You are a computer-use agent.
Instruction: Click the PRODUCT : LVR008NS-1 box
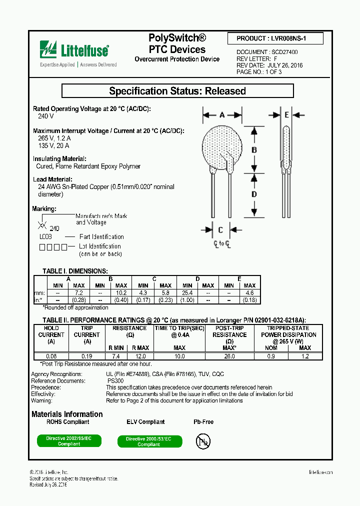(x=275, y=38)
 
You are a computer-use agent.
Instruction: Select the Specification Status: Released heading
(x=177, y=91)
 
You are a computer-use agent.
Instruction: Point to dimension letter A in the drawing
(x=222, y=115)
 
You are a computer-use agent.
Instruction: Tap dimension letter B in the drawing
(x=254, y=149)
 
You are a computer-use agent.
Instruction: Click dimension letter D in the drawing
(x=254, y=194)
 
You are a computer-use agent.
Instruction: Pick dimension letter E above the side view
(x=286, y=115)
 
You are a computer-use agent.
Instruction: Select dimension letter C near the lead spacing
(x=220, y=230)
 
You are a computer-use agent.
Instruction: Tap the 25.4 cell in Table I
(x=187, y=292)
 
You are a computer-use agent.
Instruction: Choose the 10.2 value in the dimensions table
(x=121, y=292)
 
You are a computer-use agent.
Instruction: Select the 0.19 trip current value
(x=87, y=356)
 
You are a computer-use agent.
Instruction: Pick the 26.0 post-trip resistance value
(x=229, y=356)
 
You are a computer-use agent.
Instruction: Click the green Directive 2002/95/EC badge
(x=69, y=441)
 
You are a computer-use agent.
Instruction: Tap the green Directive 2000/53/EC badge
(x=148, y=441)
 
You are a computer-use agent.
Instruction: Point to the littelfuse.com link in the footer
(x=320, y=472)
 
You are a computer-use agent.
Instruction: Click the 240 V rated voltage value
(x=45, y=116)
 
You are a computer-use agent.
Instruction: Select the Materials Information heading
(x=67, y=414)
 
